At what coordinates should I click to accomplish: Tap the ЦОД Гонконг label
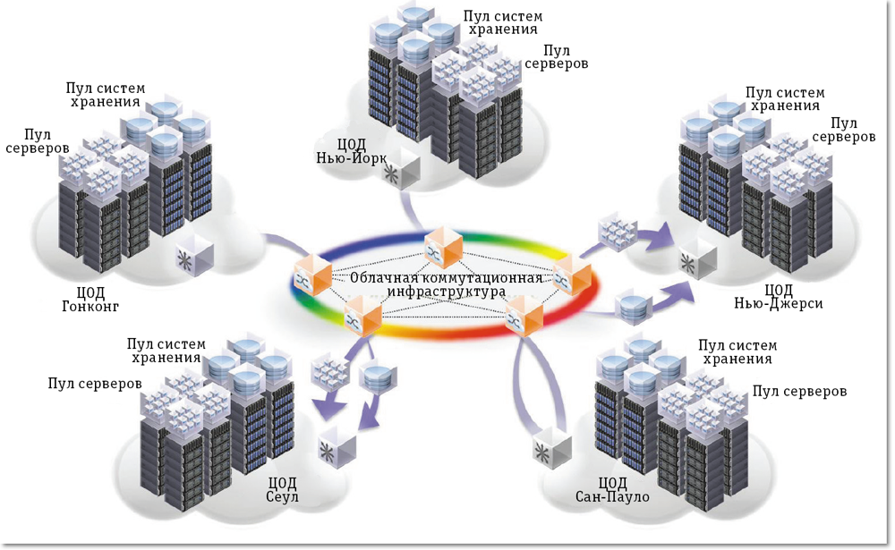(93, 299)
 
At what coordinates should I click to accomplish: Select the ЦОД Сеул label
(283, 488)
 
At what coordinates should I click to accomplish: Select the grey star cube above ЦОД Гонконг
(195, 259)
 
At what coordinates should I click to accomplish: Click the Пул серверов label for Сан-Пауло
(799, 391)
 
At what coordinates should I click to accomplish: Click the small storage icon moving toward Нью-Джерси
(633, 307)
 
